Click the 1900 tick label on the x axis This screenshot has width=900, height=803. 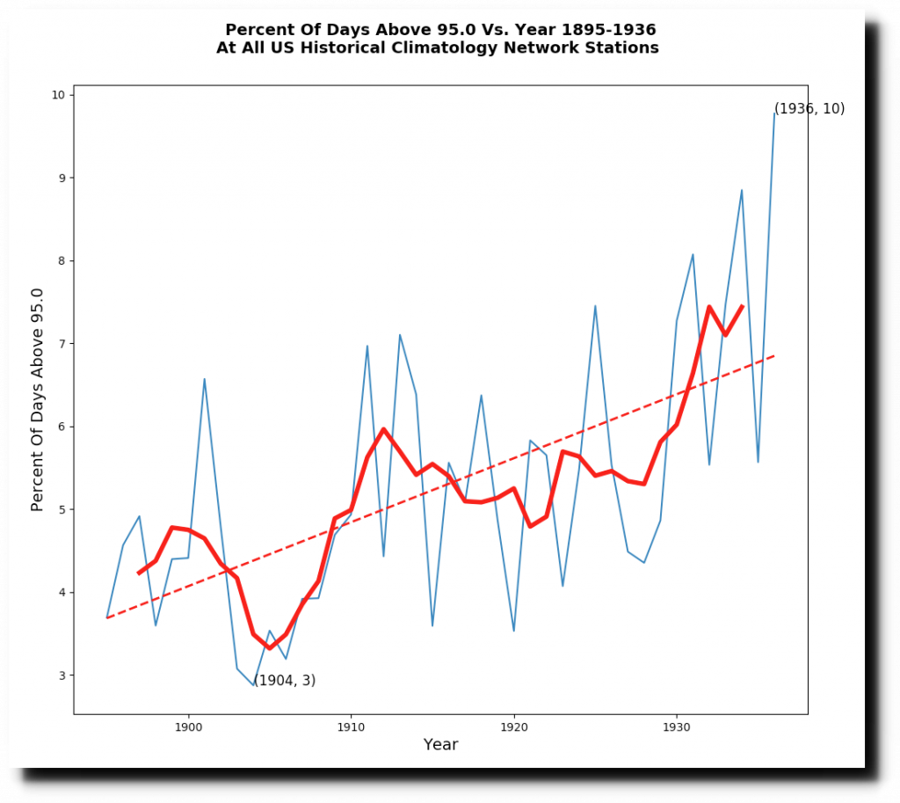click(188, 727)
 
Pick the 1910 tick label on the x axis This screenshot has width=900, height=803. click(351, 727)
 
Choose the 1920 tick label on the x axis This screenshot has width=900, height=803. click(513, 727)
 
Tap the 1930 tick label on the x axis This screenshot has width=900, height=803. click(676, 727)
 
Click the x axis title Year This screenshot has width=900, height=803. click(440, 745)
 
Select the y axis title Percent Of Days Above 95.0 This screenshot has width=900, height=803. click(38, 399)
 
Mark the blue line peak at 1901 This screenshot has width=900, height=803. click(204, 379)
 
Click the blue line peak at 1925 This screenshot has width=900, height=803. click(595, 306)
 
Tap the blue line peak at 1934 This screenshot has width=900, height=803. click(742, 190)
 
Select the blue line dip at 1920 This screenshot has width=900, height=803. click(513, 631)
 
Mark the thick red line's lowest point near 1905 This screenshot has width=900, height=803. click(270, 648)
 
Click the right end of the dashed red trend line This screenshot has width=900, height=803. click(774, 355)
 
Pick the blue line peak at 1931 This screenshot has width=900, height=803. click(693, 254)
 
